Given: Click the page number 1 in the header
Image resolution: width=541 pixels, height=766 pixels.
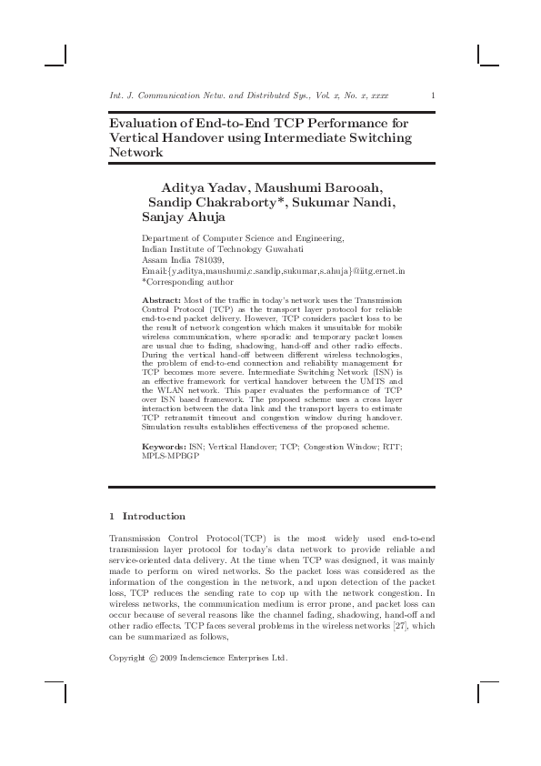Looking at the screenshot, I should pyautogui.click(x=433, y=95).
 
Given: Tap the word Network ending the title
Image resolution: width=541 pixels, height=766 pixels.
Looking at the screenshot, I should pyautogui.click(x=136, y=153).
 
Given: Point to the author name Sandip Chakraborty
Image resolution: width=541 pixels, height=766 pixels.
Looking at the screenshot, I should pyautogui.click(x=216, y=202).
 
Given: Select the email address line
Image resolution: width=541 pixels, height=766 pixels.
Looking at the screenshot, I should pyautogui.click(x=274, y=271).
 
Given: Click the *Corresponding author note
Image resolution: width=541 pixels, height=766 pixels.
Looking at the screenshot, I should pyautogui.click(x=186, y=282).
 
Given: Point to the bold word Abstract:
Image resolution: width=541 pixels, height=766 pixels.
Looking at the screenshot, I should pyautogui.click(x=162, y=300).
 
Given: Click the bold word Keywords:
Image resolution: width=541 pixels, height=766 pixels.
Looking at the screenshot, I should pyautogui.click(x=165, y=448).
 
